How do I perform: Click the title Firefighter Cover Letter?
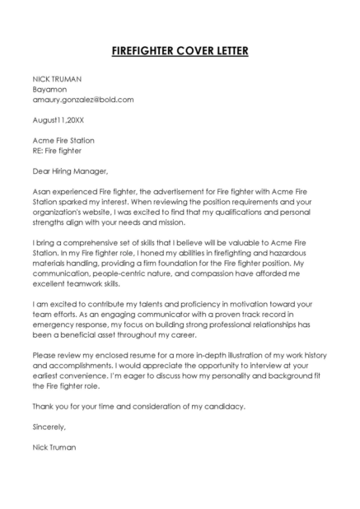(x=180, y=52)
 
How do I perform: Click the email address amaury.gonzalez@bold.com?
(x=82, y=99)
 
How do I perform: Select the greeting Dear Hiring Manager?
(x=70, y=171)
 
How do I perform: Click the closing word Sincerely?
(x=49, y=427)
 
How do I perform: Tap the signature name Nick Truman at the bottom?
(x=54, y=447)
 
